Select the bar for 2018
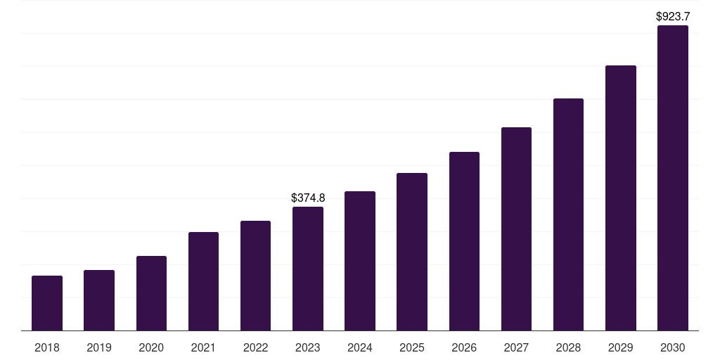[47, 303]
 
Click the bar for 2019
[99, 300]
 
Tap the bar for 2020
[151, 293]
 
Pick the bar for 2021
[203, 281]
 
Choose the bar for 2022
[255, 276]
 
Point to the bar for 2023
[308, 269]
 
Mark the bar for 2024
[360, 261]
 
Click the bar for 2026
[464, 241]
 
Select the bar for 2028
[568, 214]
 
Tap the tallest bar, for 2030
[672, 178]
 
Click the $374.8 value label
[308, 198]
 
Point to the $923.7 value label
[672, 16]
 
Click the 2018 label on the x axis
[47, 347]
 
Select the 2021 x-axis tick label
[203, 347]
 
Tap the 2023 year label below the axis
[308, 347]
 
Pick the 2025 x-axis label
[412, 347]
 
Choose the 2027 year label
[516, 347]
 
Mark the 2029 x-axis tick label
[620, 347]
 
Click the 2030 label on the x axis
[672, 347]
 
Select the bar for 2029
[620, 198]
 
